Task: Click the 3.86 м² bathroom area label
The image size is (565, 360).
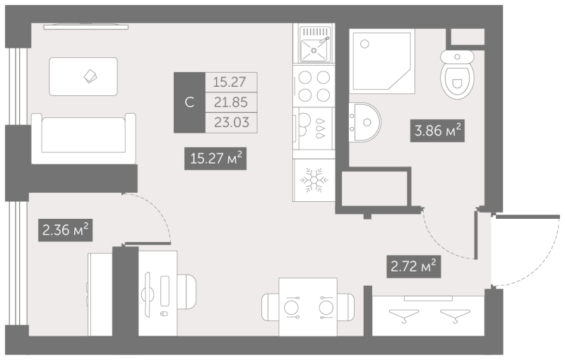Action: [x=437, y=131]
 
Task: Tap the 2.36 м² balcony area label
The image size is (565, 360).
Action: [x=65, y=229]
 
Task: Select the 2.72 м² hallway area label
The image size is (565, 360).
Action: [x=414, y=266]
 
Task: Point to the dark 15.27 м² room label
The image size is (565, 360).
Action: [x=215, y=158]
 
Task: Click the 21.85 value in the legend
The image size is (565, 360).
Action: [x=231, y=102]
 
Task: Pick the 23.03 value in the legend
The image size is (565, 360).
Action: [x=232, y=122]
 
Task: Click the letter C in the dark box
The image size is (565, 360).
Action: [x=189, y=102]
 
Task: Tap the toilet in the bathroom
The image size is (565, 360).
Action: [x=457, y=74]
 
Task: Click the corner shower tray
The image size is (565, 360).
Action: [x=382, y=61]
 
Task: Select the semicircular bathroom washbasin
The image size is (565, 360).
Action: [x=364, y=122]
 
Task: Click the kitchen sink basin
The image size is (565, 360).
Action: [x=314, y=50]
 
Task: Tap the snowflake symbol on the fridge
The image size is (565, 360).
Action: [x=314, y=179]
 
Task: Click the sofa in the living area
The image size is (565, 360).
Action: [x=83, y=138]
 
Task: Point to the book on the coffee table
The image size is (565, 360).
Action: [x=90, y=76]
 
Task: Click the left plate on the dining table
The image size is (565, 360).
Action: [x=292, y=308]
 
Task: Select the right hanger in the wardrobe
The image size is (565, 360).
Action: [x=455, y=315]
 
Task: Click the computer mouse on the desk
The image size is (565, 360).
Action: [x=164, y=313]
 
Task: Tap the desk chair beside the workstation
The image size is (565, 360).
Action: [x=186, y=292]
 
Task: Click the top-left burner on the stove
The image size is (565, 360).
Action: [x=305, y=78]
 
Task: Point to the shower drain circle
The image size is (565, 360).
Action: [x=364, y=44]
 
